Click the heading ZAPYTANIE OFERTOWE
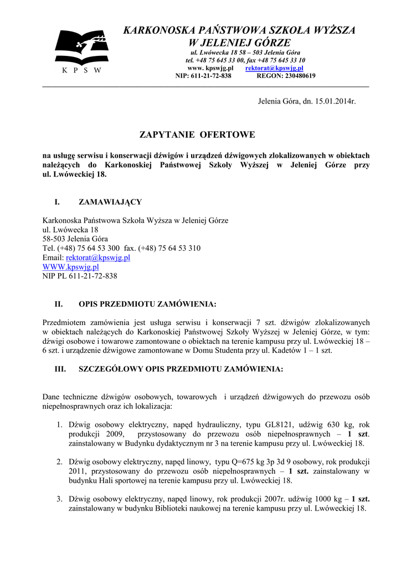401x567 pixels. [x=197, y=135]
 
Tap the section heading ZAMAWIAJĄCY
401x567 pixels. [x=110, y=202]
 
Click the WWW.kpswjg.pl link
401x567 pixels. [x=71, y=267]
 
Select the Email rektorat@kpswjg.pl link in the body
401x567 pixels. [x=98, y=257]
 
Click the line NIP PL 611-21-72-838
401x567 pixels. [x=80, y=276]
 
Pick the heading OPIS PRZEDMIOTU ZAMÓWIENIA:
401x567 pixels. [x=147, y=304]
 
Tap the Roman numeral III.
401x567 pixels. [x=60, y=369]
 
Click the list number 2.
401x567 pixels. [x=59, y=462]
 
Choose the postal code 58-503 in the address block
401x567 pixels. [x=54, y=239]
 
